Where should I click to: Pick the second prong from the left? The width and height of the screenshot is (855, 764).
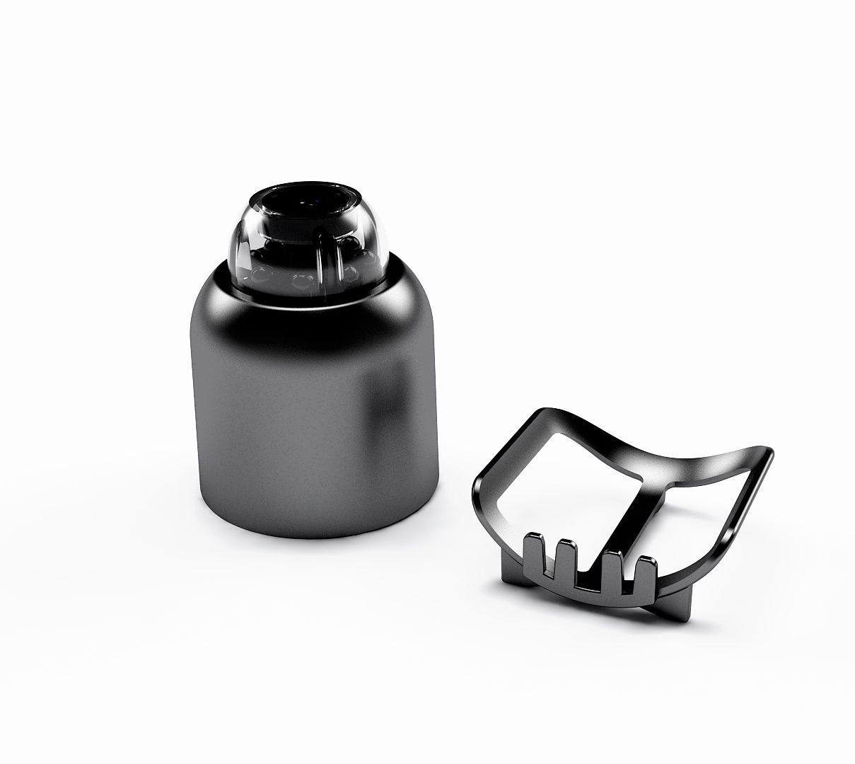tap(565, 559)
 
